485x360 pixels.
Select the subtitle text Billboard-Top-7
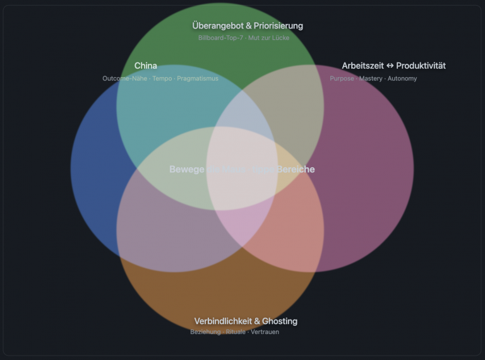click(220, 38)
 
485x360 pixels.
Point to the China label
click(146, 66)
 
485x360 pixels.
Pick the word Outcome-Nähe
click(123, 78)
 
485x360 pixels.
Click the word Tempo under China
click(162, 78)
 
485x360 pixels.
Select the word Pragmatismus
click(198, 78)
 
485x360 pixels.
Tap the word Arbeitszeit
click(363, 66)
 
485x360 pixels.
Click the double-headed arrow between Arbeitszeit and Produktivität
click(390, 66)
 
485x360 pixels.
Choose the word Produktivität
click(421, 66)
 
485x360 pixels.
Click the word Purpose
click(342, 78)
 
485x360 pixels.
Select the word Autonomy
click(402, 78)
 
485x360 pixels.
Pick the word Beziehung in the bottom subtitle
click(206, 332)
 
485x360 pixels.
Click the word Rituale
click(236, 332)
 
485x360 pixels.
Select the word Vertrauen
click(265, 332)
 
